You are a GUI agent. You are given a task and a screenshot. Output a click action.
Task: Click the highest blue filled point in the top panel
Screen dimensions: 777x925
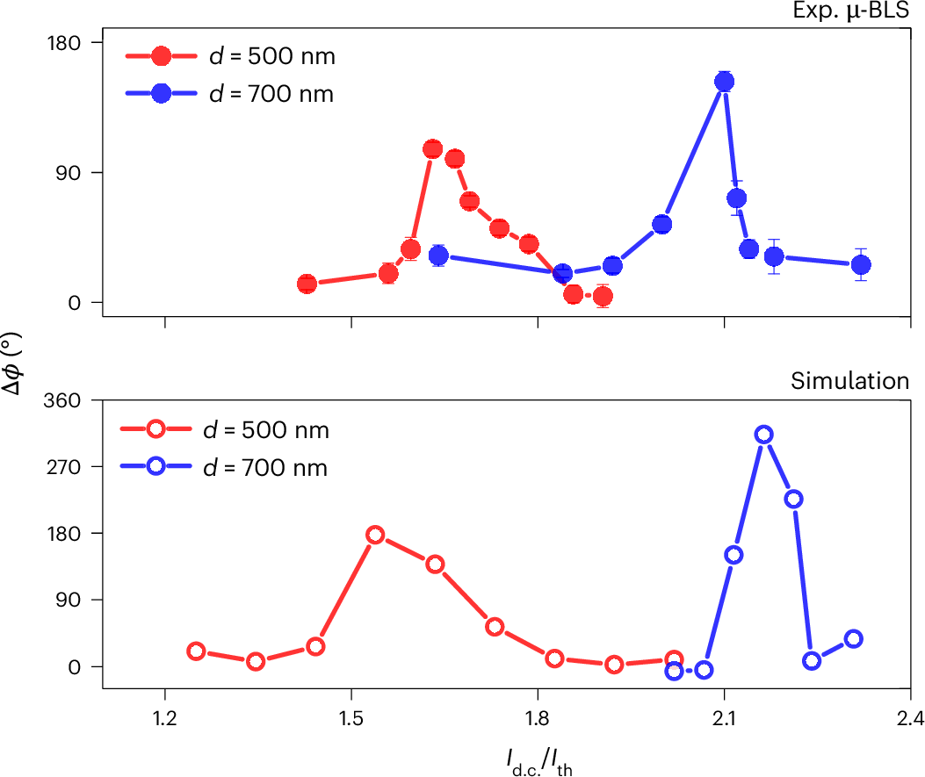[725, 82]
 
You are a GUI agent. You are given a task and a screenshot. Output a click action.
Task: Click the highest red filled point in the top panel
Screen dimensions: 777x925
[432, 149]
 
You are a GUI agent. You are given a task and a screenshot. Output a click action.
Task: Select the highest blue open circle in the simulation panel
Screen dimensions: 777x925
[764, 435]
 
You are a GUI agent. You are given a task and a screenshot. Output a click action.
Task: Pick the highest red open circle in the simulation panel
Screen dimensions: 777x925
[375, 536]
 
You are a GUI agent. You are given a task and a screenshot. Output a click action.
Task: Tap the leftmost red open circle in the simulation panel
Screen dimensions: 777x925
[197, 651]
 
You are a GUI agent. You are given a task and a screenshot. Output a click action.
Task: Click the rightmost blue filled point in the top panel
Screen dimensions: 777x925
[862, 265]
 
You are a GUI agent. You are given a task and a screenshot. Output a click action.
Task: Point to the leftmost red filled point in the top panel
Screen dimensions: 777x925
[307, 284]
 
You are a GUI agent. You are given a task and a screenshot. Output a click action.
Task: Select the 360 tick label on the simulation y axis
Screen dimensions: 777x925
[62, 400]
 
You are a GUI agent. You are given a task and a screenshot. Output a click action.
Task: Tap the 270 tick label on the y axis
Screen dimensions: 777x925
[62, 467]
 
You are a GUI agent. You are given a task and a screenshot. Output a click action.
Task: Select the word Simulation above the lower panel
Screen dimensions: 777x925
[849, 381]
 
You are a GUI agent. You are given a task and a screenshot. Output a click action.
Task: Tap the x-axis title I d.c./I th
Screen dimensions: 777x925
[538, 756]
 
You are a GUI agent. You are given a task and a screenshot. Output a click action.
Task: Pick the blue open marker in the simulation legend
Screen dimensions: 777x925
[156, 467]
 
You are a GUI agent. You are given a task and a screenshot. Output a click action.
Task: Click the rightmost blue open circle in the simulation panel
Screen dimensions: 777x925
[853, 638]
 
